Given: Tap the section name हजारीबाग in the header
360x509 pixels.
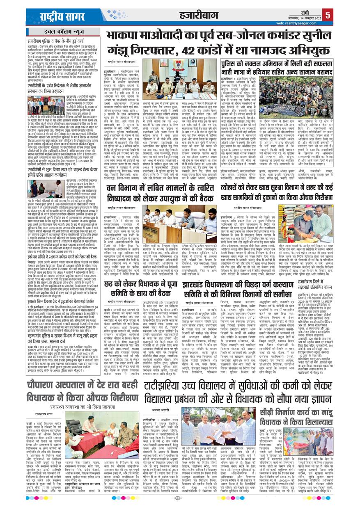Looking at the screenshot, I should click(199, 16).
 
